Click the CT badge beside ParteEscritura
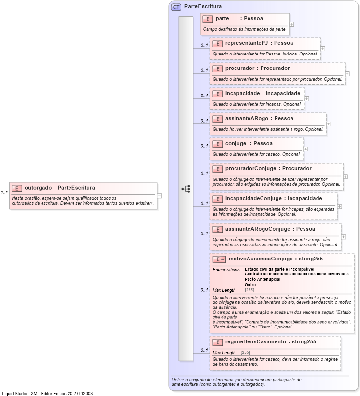coord(177,7)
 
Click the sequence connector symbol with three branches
coord(185,189)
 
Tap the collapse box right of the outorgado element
coord(160,195)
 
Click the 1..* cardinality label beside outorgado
coord(4,193)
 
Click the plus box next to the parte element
coord(292,24)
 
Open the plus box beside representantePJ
coord(323,48)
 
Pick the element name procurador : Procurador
coord(257,68)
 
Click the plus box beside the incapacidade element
coord(307,98)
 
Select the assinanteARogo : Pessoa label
coord(259,118)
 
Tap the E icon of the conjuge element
coord(218,143)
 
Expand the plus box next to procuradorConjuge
coord(346,177)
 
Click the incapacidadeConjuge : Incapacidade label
coord(274,198)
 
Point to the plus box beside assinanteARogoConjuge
coord(344,236)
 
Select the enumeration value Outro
coord(250,285)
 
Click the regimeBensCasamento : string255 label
coord(271,341)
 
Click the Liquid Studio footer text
coord(47,393)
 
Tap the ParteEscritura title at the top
coord(203,7)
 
